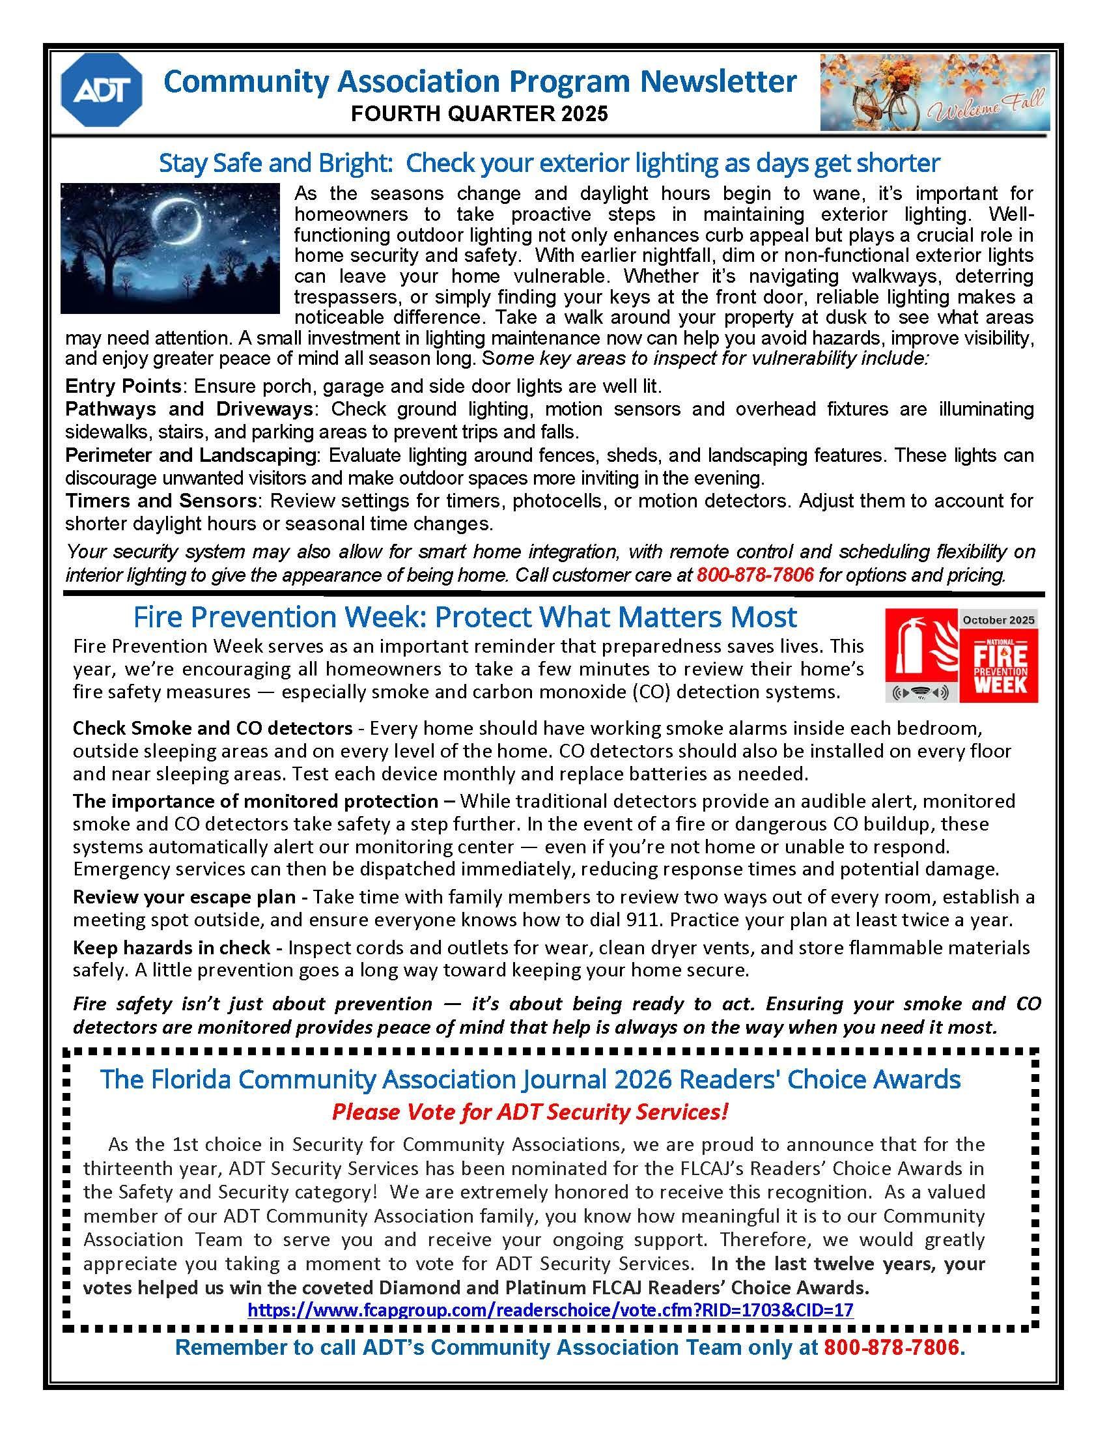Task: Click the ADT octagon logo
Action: pyautogui.click(x=101, y=90)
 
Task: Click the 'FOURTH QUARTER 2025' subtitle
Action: pyautogui.click(x=479, y=114)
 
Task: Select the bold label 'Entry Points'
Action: pyautogui.click(x=122, y=386)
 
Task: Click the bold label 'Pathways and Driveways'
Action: pyautogui.click(x=188, y=410)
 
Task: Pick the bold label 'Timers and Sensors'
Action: pyautogui.click(x=161, y=502)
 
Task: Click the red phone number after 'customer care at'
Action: pyautogui.click(x=755, y=575)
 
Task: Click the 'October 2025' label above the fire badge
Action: pyautogui.click(x=998, y=619)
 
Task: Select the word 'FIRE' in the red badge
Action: pyautogui.click(x=1000, y=656)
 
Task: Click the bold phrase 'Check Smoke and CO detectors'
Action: pyautogui.click(x=212, y=728)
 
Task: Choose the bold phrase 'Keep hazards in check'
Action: pyautogui.click(x=171, y=948)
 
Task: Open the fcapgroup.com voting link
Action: pyautogui.click(x=550, y=1311)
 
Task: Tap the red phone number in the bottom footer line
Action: pyautogui.click(x=892, y=1348)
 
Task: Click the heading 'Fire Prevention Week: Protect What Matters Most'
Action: pyautogui.click(x=465, y=617)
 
